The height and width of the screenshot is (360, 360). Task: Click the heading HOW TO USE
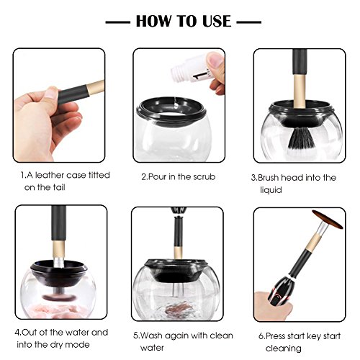click(x=184, y=21)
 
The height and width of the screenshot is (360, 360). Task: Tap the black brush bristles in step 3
click(x=300, y=138)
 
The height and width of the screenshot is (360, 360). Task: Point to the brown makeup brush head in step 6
click(x=328, y=220)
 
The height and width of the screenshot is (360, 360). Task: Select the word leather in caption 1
click(x=49, y=175)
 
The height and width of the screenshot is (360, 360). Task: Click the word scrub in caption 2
click(x=204, y=177)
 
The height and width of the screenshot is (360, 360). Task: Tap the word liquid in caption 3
click(x=271, y=190)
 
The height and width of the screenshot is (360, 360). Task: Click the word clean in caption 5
click(x=221, y=336)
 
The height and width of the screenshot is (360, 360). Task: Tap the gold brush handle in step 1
click(x=96, y=87)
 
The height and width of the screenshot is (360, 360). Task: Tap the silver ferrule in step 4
click(x=58, y=262)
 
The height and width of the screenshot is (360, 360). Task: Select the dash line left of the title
click(x=118, y=22)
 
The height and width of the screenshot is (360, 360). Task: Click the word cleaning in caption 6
click(x=284, y=348)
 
